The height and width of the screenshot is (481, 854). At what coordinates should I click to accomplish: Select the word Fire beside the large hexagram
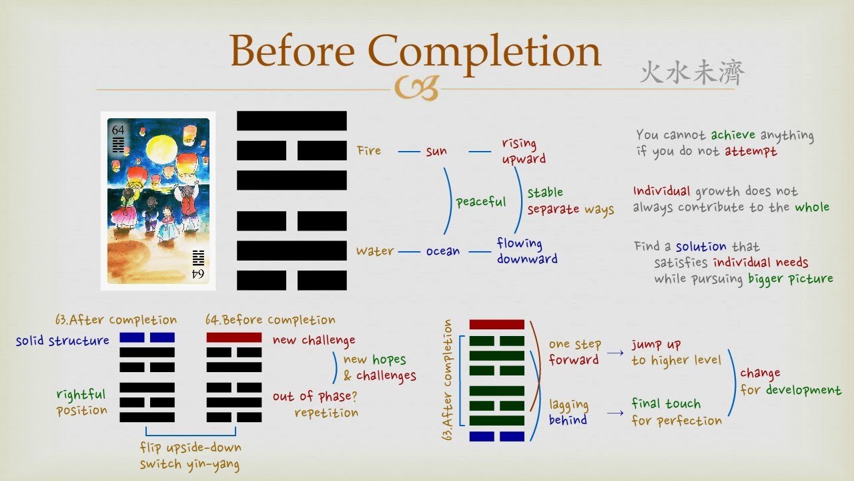369,151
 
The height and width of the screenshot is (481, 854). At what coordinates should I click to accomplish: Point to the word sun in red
436,152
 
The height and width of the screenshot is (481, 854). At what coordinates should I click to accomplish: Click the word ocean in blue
443,251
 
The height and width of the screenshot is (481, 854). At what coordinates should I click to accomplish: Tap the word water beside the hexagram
374,251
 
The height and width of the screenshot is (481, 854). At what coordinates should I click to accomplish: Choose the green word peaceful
481,201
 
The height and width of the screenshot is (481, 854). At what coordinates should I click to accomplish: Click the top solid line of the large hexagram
292,121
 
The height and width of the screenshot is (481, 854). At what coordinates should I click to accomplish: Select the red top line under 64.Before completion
234,337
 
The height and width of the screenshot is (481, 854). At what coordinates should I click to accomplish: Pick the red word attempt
751,152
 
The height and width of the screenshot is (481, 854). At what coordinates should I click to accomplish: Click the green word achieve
732,136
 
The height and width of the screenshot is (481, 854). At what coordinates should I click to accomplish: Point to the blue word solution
701,247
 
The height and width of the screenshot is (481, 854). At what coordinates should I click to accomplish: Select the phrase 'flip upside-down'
190,447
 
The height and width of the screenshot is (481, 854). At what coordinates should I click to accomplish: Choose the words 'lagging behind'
568,412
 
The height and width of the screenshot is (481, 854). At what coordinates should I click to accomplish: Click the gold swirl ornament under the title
416,88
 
